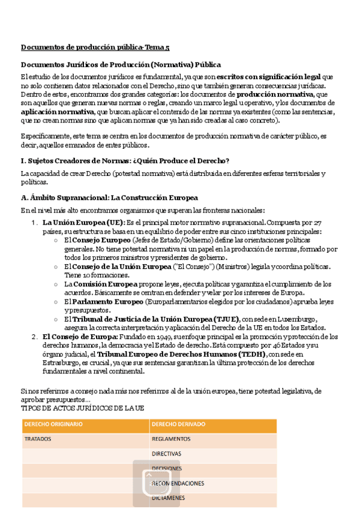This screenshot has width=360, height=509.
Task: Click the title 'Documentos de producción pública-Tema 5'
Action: pyautogui.click(x=95, y=47)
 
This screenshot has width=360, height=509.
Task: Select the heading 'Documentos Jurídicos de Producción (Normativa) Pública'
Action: pyautogui.click(x=121, y=64)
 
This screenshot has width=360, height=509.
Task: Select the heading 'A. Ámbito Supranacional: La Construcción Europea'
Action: pyautogui.click(x=109, y=197)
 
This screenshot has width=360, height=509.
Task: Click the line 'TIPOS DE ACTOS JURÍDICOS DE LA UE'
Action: pyautogui.click(x=82, y=408)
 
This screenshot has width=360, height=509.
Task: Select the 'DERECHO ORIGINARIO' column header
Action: pyautogui.click(x=53, y=425)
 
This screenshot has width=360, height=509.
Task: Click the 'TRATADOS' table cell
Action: pyautogui.click(x=38, y=439)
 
